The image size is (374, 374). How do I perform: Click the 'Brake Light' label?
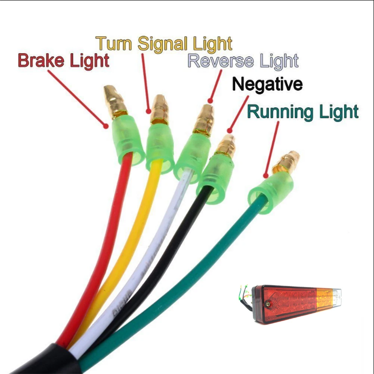(x=64, y=61)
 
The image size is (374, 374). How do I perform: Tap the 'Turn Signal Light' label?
(x=163, y=44)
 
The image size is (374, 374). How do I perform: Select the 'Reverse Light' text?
(x=243, y=61)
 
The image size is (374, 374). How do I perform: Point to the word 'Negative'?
(x=267, y=84)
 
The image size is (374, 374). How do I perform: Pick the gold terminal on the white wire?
(x=204, y=120)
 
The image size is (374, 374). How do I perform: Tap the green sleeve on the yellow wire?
(x=160, y=148)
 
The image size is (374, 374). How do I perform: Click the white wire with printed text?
(x=150, y=262)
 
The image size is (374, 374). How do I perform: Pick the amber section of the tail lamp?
(x=324, y=300)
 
